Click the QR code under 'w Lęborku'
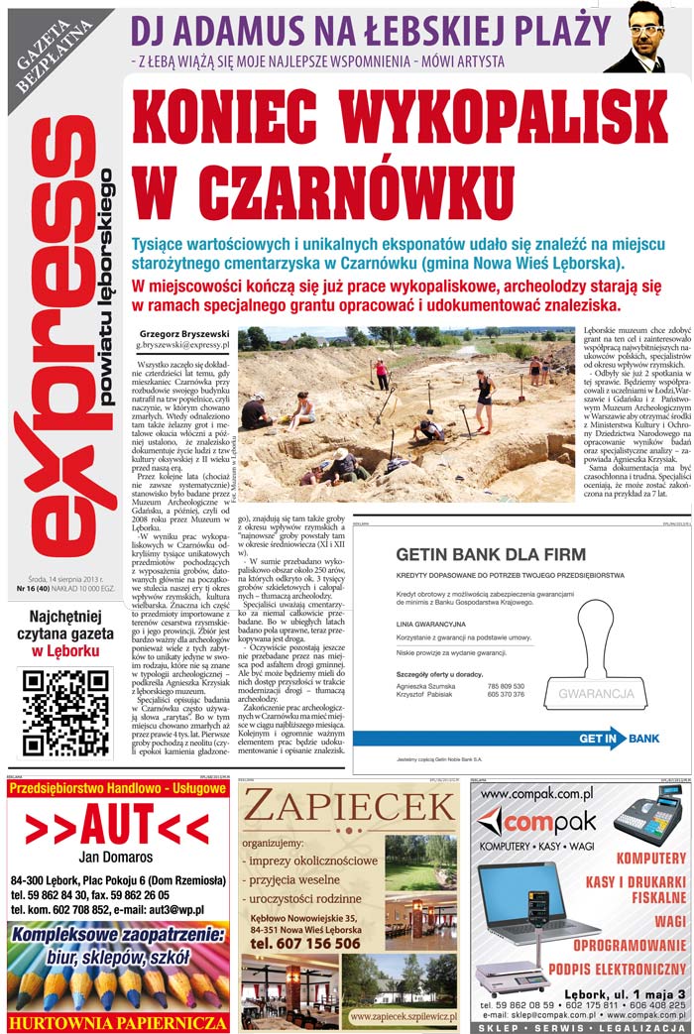point(65,712)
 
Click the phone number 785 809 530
point(506,686)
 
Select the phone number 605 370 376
point(506,696)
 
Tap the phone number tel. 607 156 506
point(305,943)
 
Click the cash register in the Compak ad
point(648,815)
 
